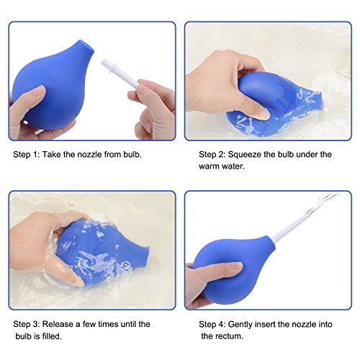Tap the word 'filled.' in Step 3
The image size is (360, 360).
[70, 336]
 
